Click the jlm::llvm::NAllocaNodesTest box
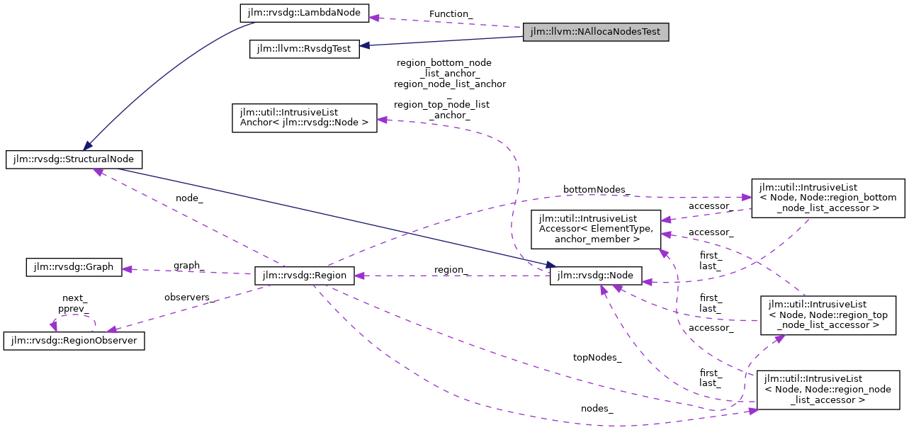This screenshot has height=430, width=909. pyautogui.click(x=595, y=32)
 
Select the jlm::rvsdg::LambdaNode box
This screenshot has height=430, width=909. pyautogui.click(x=302, y=12)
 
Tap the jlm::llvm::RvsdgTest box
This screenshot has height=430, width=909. pyautogui.click(x=305, y=49)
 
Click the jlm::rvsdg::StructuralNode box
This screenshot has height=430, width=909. pyautogui.click(x=74, y=159)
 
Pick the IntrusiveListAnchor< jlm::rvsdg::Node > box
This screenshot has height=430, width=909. pyautogui.click(x=305, y=118)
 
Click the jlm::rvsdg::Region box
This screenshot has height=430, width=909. pyautogui.click(x=304, y=276)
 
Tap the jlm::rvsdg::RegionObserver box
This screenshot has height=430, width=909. pyautogui.click(x=74, y=341)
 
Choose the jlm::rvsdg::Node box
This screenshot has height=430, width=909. pyautogui.click(x=596, y=276)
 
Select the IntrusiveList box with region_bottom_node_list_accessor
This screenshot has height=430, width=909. pyautogui.click(x=828, y=198)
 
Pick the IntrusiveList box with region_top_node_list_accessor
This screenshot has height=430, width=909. pyautogui.click(x=828, y=315)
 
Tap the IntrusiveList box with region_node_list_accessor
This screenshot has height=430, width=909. pyautogui.click(x=828, y=389)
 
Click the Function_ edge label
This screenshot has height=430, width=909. pyautogui.click(x=451, y=13)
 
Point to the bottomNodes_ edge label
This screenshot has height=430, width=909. pyautogui.click(x=596, y=189)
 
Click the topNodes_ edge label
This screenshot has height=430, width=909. pyautogui.click(x=597, y=358)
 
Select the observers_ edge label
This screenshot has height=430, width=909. pyautogui.click(x=189, y=298)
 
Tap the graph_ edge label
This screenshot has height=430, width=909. pyautogui.click(x=189, y=265)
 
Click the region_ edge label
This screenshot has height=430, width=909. pyautogui.click(x=451, y=269)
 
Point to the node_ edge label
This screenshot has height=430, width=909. pyautogui.click(x=189, y=198)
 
